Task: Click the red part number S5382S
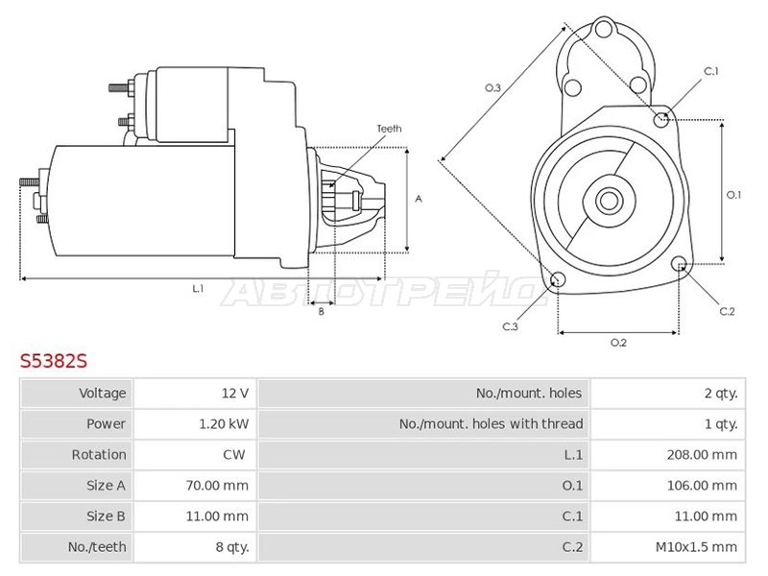tap(54, 361)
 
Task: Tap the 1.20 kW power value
tap(224, 424)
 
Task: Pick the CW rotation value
tap(234, 455)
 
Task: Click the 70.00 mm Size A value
tap(217, 486)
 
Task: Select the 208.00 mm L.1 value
tap(702, 455)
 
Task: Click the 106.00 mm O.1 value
tap(702, 486)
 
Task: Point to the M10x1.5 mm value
tap(696, 547)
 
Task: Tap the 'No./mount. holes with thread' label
tap(491, 424)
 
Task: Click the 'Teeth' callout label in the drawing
tap(389, 129)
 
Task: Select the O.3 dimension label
tap(492, 88)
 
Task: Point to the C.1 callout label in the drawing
tap(711, 71)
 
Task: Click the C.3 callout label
tap(510, 326)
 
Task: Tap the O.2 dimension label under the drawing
tap(618, 343)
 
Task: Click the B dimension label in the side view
tap(322, 311)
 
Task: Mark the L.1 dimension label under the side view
tap(198, 289)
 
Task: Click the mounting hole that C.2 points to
tap(679, 263)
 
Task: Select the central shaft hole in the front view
tap(609, 201)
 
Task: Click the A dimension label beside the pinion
tap(419, 199)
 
